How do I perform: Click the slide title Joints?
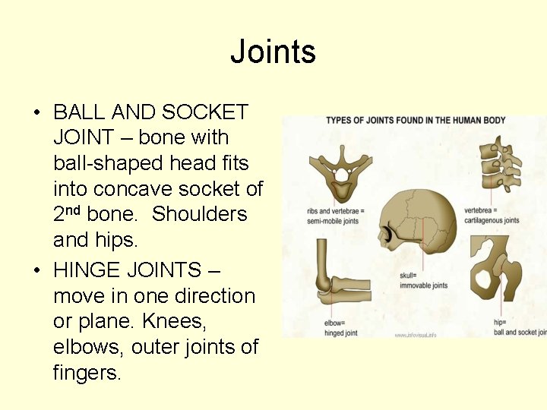click(x=273, y=52)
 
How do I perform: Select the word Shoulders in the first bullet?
click(x=200, y=214)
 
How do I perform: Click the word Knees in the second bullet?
click(x=171, y=321)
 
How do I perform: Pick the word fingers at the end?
click(x=85, y=373)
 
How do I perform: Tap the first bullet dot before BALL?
click(x=36, y=114)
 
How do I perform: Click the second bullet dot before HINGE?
click(x=36, y=271)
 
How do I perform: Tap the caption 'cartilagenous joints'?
click(x=492, y=221)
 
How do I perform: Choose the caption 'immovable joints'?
click(x=423, y=285)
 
